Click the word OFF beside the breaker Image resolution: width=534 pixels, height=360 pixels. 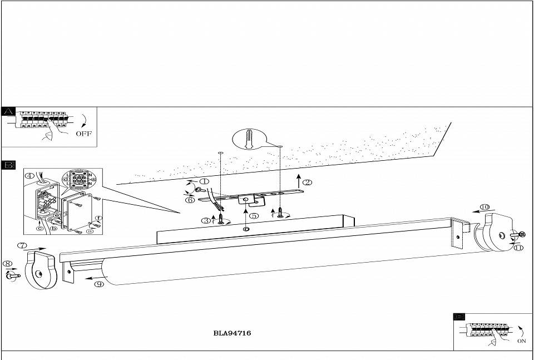[x=84, y=134]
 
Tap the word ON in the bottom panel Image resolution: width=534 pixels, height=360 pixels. [x=521, y=341]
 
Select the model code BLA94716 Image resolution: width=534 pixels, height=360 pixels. [x=232, y=333]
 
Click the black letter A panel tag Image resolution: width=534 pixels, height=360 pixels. [x=8, y=111]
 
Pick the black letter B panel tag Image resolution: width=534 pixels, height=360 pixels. [x=8, y=165]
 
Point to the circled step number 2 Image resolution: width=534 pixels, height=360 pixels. [x=308, y=182]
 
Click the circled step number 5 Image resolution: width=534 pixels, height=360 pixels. [x=254, y=215]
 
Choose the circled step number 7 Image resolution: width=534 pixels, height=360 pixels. [x=22, y=245]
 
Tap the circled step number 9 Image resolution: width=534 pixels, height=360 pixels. [x=100, y=284]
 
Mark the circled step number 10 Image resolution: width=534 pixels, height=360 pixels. [x=484, y=207]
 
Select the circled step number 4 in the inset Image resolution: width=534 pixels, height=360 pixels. [x=30, y=176]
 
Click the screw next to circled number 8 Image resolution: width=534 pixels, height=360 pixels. [x=12, y=274]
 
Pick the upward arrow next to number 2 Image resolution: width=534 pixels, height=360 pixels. [x=299, y=181]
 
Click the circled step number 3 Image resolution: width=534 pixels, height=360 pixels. [x=206, y=220]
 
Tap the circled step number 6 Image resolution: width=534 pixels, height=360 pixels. [x=190, y=200]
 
